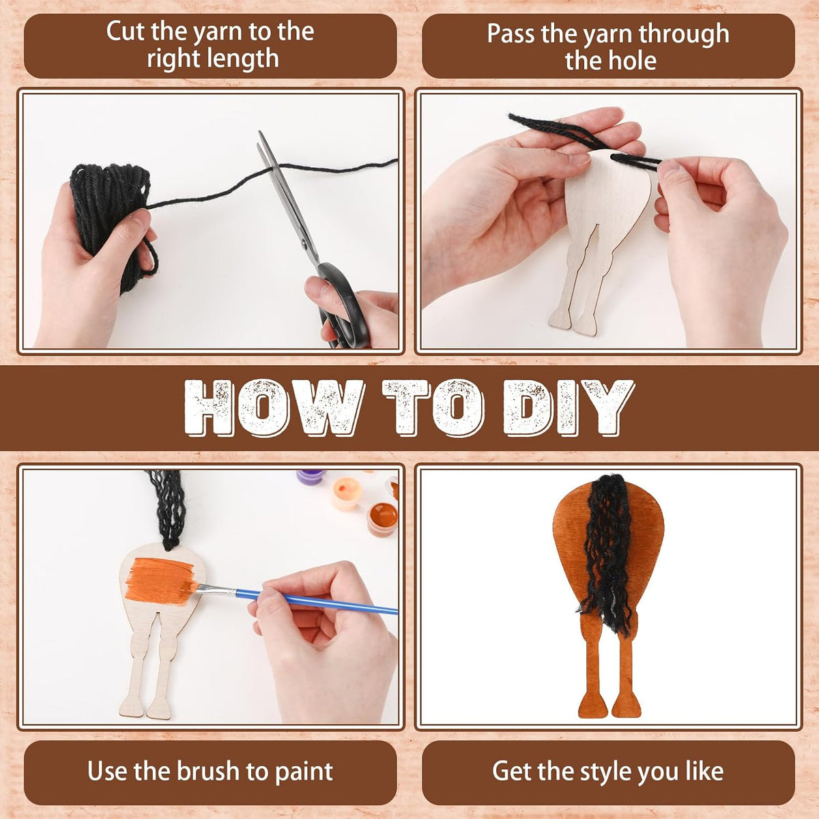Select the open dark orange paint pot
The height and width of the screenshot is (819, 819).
coord(382,519)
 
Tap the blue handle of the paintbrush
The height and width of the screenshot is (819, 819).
coord(317,602)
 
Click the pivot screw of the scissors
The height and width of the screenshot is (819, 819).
coord(304,244)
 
